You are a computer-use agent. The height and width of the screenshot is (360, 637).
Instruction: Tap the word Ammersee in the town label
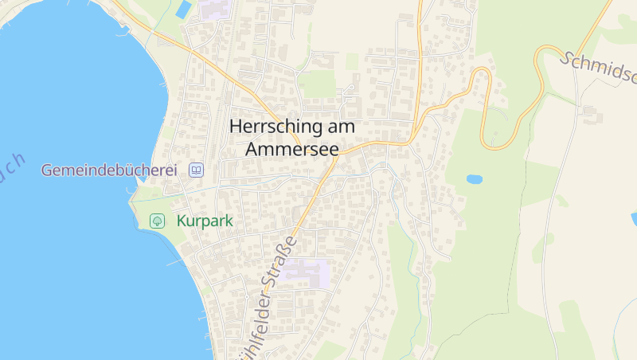292,149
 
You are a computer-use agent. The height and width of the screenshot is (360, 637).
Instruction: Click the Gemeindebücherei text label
109,170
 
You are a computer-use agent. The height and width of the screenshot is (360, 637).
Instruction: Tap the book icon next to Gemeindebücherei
197,170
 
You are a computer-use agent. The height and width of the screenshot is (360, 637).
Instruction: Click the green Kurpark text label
205,221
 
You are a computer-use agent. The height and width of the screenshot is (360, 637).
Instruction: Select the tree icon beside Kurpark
158,221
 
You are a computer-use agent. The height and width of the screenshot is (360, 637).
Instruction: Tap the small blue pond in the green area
475,179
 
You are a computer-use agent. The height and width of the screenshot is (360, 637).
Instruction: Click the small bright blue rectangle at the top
184,10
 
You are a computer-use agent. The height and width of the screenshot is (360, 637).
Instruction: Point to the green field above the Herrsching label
318,83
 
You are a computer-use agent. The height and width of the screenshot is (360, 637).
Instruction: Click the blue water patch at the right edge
634,217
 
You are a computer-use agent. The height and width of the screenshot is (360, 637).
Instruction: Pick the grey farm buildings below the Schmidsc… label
592,115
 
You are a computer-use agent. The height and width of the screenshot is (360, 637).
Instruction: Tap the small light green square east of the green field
352,61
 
